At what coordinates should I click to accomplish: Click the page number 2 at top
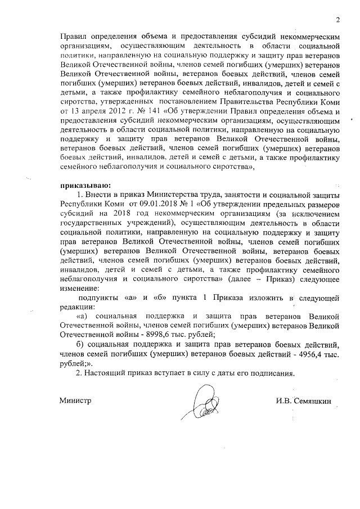click(337, 21)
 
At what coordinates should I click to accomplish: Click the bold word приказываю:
click(87, 183)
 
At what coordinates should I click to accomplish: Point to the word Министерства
click(161, 194)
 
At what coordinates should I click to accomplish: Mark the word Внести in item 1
click(97, 194)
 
